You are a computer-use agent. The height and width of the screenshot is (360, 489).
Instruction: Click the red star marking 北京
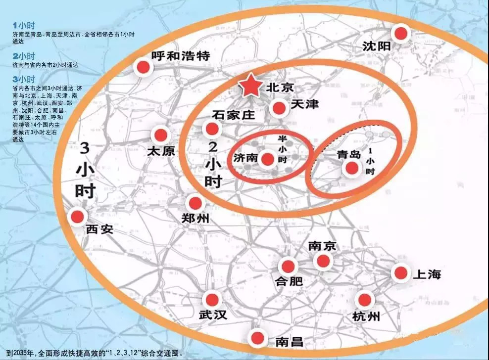click(251, 87)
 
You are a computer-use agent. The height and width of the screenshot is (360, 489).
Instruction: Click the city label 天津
click(305, 104)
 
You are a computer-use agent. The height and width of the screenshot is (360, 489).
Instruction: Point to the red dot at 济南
click(268, 159)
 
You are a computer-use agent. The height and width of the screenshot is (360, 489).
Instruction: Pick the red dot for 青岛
click(352, 168)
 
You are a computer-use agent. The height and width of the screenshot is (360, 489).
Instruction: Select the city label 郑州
click(196, 218)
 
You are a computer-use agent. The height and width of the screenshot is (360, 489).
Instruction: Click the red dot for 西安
click(77, 216)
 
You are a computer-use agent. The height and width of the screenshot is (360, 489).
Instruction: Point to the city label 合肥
click(289, 281)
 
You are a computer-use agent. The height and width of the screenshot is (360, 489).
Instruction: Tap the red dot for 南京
click(323, 261)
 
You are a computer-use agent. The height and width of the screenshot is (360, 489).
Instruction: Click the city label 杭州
click(366, 316)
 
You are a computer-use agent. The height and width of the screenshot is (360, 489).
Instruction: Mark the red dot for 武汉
click(212, 299)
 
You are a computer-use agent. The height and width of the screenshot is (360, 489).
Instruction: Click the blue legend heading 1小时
click(24, 25)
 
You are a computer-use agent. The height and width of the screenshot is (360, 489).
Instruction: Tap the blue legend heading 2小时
click(24, 56)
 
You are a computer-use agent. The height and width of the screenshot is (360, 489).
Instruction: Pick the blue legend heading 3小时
click(24, 79)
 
